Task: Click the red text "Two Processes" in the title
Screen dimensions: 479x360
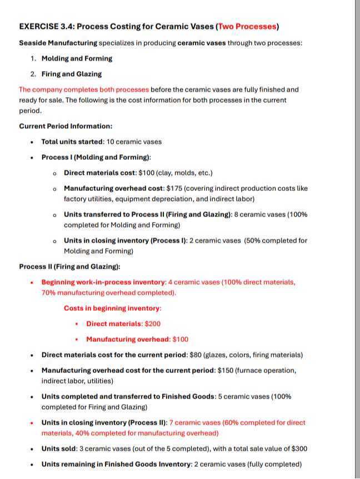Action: click(247, 27)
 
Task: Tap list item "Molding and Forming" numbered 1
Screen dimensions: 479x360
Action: click(77, 58)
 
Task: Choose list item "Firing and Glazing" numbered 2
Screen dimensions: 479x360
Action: click(72, 74)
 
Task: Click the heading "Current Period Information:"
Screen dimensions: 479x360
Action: click(66, 126)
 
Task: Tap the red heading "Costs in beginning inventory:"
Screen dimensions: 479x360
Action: click(113, 308)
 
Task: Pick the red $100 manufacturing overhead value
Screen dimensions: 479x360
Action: click(181, 339)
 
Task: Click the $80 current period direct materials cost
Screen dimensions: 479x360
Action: click(194, 355)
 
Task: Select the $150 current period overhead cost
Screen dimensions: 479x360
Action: click(224, 370)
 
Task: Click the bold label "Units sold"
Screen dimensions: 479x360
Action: click(59, 448)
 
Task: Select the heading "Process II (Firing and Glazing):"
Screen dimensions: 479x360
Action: click(69, 266)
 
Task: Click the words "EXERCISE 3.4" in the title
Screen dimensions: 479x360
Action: click(43, 27)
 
